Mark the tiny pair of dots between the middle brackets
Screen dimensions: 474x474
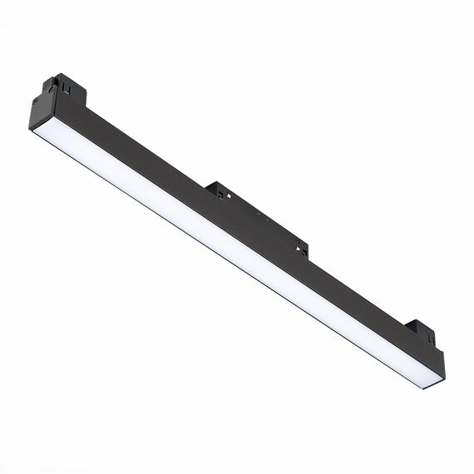(259, 214)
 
